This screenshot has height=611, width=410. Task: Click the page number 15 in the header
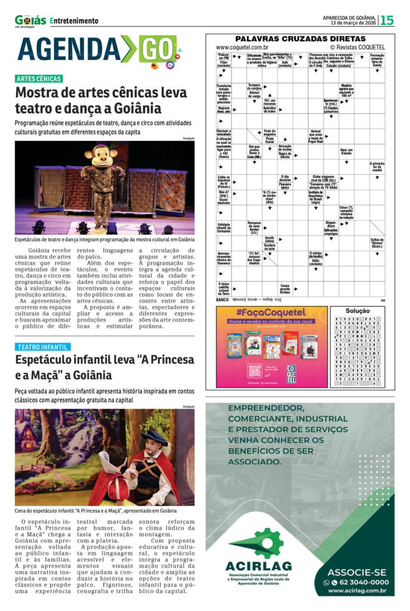pyautogui.click(x=387, y=20)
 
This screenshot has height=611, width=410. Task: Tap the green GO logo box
pyautogui.click(x=156, y=50)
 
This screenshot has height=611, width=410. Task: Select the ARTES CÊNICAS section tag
pyautogui.click(x=39, y=79)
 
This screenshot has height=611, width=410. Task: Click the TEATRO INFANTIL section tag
pyautogui.click(x=42, y=347)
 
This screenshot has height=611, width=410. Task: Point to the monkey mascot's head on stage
pyautogui.click(x=100, y=156)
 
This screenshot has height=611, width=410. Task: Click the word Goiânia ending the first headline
pyautogui.click(x=134, y=109)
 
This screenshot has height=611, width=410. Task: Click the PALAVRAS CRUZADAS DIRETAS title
pyautogui.click(x=300, y=38)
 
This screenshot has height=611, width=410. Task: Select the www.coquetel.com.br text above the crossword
pyautogui.click(x=242, y=47)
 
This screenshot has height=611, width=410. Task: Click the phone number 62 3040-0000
pyautogui.click(x=359, y=582)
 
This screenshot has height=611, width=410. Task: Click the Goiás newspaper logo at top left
pyautogui.click(x=30, y=21)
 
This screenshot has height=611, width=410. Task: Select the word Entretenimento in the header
pyautogui.click(x=75, y=21)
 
